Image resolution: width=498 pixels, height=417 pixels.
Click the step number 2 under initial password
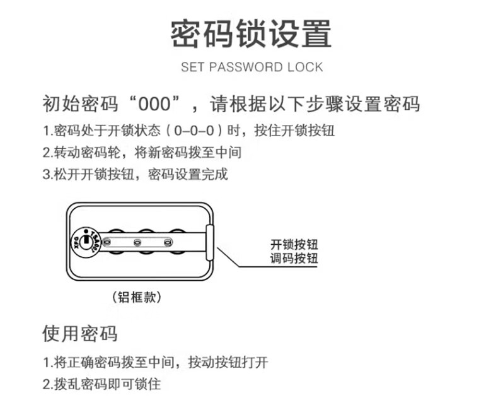click(x=46, y=153)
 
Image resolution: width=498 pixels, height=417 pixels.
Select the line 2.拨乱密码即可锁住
click(x=101, y=384)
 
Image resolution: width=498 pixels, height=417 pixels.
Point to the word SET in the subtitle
click(x=192, y=67)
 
